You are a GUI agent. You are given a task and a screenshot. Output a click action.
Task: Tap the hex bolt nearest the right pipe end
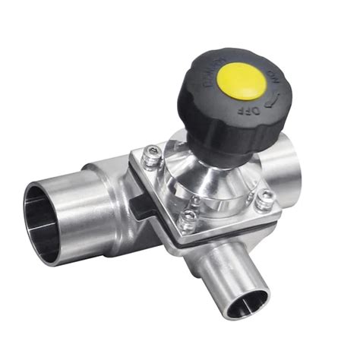click(265, 197)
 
